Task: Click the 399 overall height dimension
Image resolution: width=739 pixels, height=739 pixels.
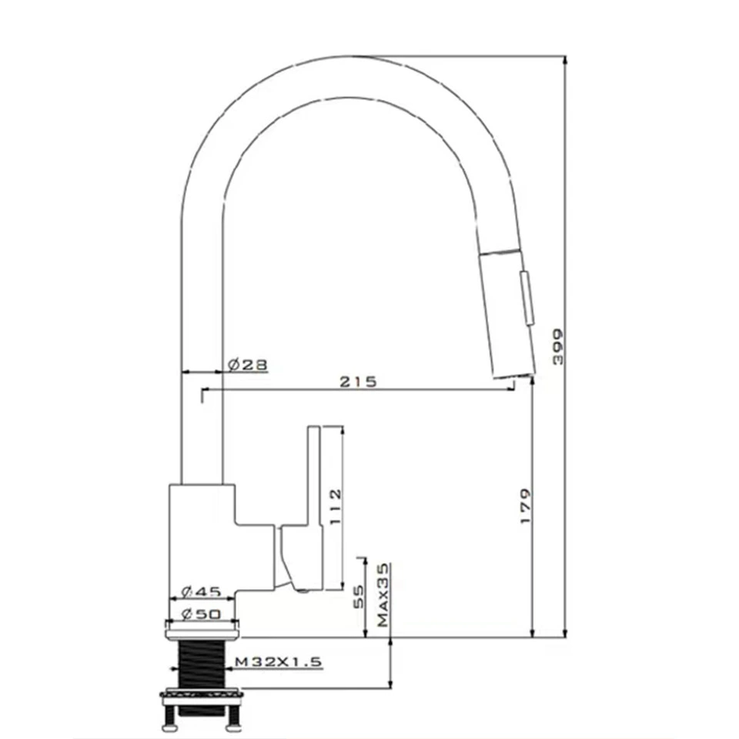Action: click(x=558, y=347)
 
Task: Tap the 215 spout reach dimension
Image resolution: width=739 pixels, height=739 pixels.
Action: click(x=359, y=381)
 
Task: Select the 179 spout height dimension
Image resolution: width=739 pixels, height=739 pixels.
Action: click(x=526, y=506)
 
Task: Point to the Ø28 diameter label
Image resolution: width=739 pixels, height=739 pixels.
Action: click(x=248, y=364)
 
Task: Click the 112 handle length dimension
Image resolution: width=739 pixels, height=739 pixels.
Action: click(x=335, y=507)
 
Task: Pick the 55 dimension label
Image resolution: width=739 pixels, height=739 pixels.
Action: click(x=359, y=597)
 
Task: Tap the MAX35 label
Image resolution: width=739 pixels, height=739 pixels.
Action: click(x=383, y=595)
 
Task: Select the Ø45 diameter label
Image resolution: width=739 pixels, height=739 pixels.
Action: click(x=201, y=591)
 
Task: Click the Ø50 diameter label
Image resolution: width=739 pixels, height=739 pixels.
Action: click(x=201, y=614)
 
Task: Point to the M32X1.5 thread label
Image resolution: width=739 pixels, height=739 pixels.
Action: click(x=279, y=662)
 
